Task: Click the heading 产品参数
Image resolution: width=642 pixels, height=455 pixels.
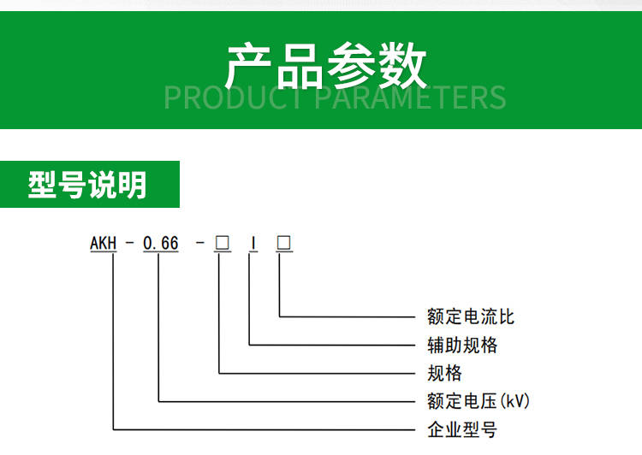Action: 326,66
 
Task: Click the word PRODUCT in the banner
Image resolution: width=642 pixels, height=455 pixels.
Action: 232,97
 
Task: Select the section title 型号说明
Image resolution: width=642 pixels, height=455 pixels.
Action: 87,185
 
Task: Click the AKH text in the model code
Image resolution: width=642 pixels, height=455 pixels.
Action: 104,243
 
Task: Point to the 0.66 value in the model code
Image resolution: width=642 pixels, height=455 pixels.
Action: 161,243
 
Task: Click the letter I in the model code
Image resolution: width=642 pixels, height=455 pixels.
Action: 254,243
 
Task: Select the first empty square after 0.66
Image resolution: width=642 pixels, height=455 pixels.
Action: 223,243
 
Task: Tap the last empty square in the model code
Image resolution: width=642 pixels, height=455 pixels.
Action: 283,243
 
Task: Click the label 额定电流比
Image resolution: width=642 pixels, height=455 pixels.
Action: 471,316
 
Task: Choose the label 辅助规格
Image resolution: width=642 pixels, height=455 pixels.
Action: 462,345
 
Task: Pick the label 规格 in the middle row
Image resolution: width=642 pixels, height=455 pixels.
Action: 444,373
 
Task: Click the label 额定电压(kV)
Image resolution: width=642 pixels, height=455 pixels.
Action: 479,401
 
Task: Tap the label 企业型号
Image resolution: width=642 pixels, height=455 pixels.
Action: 462,429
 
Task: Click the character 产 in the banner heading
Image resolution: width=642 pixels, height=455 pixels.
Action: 248,66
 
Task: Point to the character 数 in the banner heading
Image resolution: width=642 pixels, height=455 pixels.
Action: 402,66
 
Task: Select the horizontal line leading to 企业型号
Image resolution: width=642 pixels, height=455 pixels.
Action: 265,429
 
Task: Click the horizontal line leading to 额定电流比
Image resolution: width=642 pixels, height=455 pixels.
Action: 348,316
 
